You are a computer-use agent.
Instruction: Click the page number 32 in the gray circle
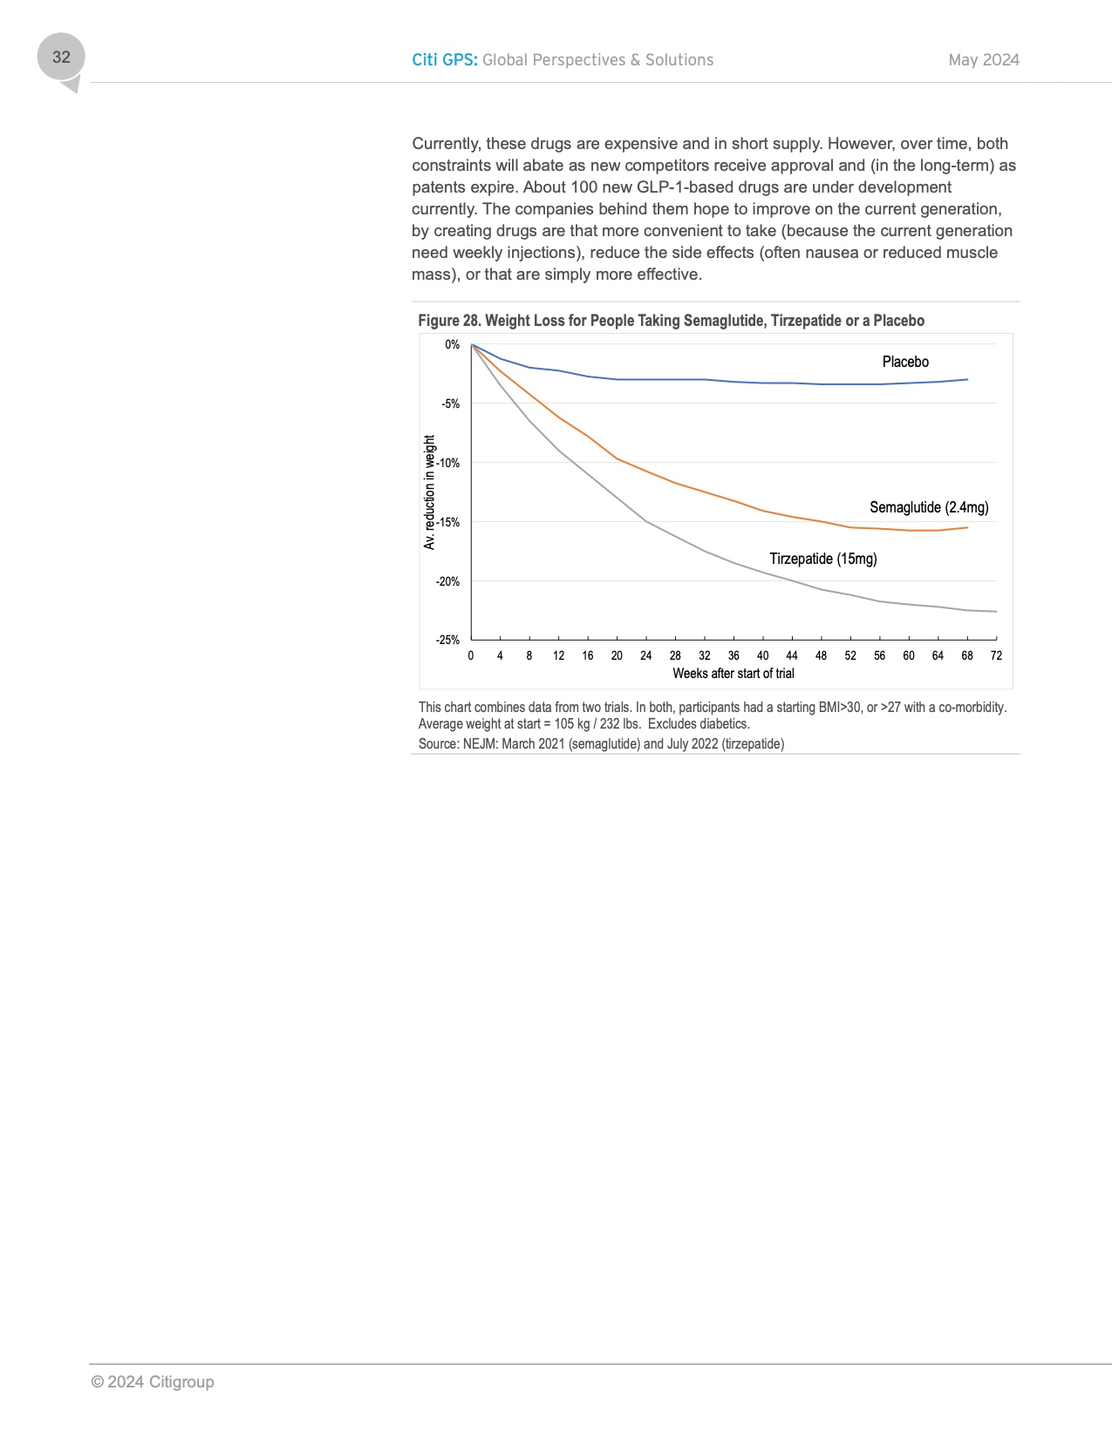[x=61, y=58]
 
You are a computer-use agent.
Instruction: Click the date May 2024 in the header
[x=984, y=60]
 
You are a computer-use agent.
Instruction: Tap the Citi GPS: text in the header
[x=445, y=60]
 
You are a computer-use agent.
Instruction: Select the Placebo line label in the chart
[x=905, y=362]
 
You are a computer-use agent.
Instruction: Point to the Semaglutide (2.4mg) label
[x=929, y=507]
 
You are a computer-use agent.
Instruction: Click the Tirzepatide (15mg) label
[x=823, y=559]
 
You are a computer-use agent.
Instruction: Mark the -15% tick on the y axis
[x=448, y=522]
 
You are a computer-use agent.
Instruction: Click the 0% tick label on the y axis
[x=452, y=345]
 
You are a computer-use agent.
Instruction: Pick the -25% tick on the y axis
[x=448, y=640]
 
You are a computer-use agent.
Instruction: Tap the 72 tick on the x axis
[x=996, y=655]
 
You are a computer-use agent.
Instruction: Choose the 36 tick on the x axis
[x=733, y=655]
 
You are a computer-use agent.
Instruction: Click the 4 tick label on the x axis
[x=500, y=655]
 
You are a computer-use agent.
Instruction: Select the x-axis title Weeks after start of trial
[x=733, y=674]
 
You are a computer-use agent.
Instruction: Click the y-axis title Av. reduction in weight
[x=429, y=492]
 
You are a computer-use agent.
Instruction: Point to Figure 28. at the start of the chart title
[x=449, y=321]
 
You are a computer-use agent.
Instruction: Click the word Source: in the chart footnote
[x=439, y=744]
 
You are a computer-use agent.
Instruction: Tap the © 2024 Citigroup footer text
[x=153, y=1382]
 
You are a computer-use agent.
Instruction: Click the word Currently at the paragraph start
[x=445, y=144]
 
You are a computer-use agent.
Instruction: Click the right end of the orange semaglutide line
[x=967, y=527]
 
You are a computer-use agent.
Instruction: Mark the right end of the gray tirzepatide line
[x=996, y=612]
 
